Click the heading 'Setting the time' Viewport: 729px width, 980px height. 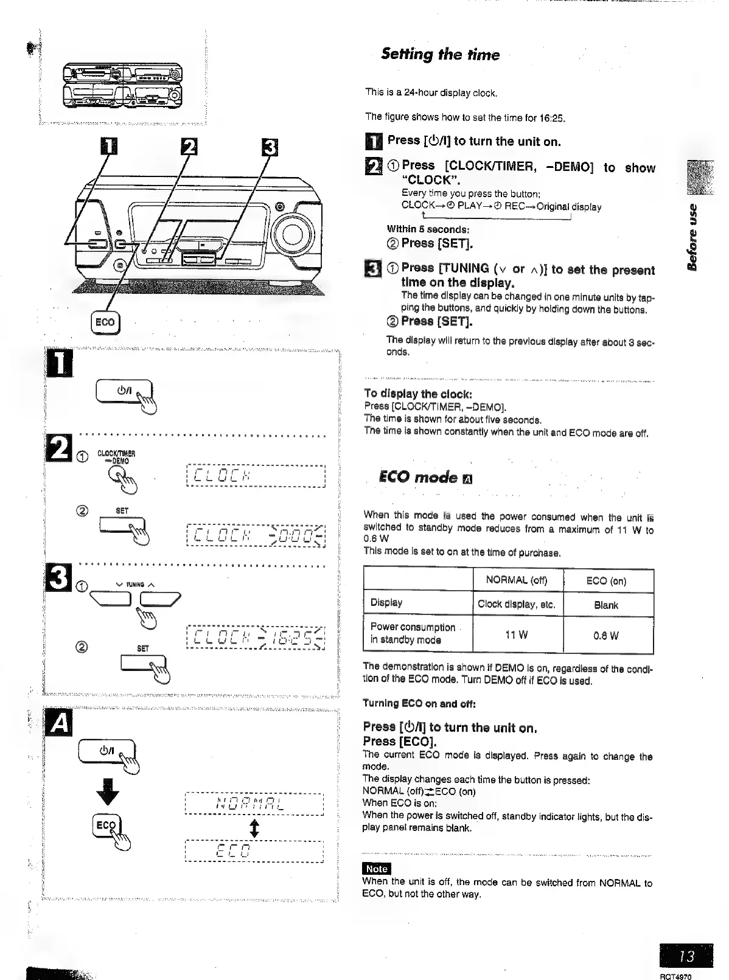pyautogui.click(x=440, y=55)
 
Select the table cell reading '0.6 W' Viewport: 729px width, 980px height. pyautogui.click(x=606, y=636)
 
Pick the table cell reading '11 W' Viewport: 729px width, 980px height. pyautogui.click(x=517, y=635)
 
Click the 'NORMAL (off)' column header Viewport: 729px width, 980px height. pyautogui.click(x=517, y=580)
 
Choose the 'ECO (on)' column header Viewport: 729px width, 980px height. pyautogui.click(x=606, y=581)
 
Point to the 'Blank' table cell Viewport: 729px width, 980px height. pyautogui.click(x=606, y=605)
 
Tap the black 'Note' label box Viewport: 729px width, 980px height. pyautogui.click(x=376, y=869)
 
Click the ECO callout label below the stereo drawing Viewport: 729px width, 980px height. pyautogui.click(x=105, y=322)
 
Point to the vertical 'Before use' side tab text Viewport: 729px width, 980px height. pyautogui.click(x=694, y=237)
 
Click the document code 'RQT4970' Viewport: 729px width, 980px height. pyautogui.click(x=678, y=976)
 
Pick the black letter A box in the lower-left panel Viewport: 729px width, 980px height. pyautogui.click(x=59, y=723)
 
